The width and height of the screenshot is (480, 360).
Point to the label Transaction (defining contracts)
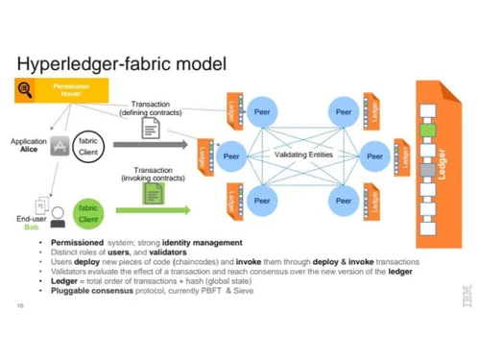point(151,108)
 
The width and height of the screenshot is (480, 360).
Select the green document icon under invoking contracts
point(153,193)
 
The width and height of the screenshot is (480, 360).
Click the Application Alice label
point(29,145)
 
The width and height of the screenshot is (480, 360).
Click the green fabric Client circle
point(87,214)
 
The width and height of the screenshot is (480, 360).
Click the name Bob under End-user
point(31,228)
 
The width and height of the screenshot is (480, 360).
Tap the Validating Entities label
point(303,154)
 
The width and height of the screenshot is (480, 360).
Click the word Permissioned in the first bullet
point(77,243)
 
